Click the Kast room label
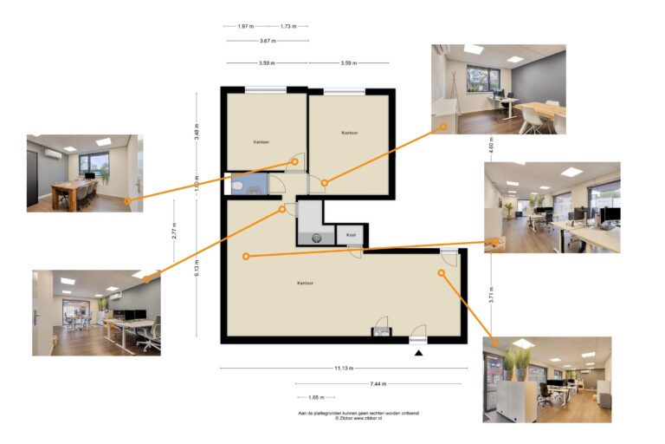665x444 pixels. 351,235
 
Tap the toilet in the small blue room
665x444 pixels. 236,185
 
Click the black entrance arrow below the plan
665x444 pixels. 418,353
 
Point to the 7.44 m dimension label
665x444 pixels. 378,383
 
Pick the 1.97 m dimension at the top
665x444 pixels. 245,26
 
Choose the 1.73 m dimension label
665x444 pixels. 288,26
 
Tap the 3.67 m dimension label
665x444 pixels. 267,41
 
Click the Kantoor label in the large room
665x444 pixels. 305,283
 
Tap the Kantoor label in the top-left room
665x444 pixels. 261,140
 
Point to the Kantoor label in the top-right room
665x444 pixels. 349,133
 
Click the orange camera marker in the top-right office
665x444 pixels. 325,182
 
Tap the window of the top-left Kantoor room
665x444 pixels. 266,88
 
